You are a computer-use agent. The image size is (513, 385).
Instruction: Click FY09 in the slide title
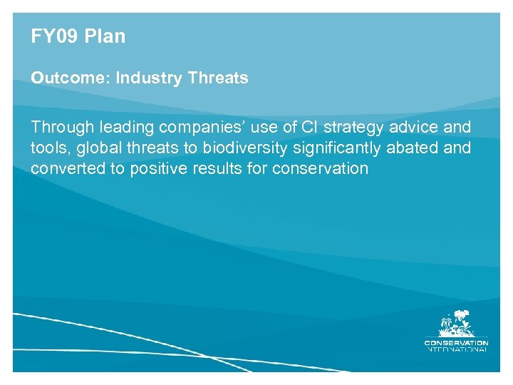pyautogui.click(x=53, y=36)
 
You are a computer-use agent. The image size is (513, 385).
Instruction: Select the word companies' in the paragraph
pyautogui.click(x=202, y=128)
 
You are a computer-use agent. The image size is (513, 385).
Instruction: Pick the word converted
pyautogui.click(x=63, y=169)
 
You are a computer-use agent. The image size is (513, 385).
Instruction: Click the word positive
pyautogui.click(x=159, y=169)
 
